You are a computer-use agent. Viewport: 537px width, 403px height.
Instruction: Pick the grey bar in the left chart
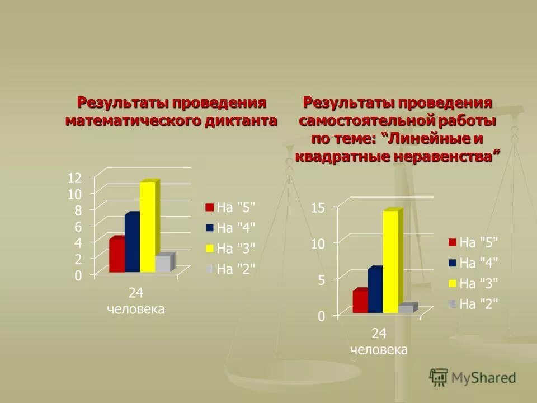[x=163, y=264]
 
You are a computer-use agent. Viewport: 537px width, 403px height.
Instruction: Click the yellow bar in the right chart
[x=391, y=261]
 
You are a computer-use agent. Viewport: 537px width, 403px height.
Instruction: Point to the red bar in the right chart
[x=360, y=302]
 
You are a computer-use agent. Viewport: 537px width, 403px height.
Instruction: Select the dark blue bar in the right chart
[x=375, y=291]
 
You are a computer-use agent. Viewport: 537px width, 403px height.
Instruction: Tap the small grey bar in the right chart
[x=406, y=309]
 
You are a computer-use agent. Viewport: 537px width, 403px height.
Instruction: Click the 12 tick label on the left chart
[x=74, y=178]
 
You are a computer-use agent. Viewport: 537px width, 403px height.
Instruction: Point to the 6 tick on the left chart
[x=78, y=227]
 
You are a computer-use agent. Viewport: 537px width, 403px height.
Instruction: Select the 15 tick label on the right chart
[x=318, y=208]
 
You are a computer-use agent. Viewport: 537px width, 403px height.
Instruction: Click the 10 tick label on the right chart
[x=318, y=244]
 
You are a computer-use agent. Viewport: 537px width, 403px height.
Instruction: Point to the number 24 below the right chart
[x=379, y=334]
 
